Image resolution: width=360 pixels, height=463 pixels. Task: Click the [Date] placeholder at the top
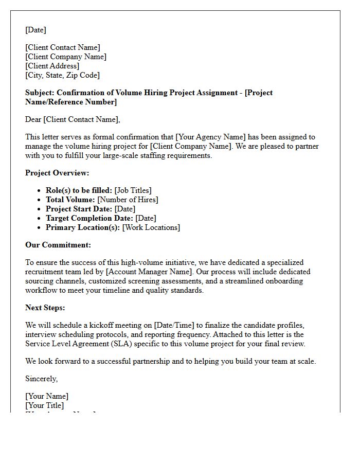click(x=35, y=30)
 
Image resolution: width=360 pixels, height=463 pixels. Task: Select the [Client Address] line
click(x=52, y=66)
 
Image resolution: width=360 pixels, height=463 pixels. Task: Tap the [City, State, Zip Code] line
click(x=62, y=75)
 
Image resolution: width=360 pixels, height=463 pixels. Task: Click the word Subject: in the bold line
click(x=40, y=93)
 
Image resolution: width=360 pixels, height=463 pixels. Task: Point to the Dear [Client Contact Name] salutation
click(x=73, y=119)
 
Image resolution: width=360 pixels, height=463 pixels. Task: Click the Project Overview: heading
click(x=57, y=173)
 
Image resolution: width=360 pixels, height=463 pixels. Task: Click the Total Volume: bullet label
click(x=70, y=200)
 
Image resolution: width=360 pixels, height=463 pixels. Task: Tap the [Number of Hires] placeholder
click(x=128, y=200)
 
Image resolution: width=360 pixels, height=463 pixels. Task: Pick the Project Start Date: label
click(x=79, y=209)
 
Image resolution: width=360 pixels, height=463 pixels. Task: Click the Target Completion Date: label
click(x=89, y=218)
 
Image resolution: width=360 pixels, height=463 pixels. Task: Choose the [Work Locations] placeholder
click(x=151, y=227)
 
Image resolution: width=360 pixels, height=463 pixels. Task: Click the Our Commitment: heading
click(x=58, y=245)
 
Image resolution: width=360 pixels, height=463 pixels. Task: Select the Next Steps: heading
click(x=45, y=308)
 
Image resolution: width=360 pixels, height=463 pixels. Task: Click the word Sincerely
click(x=42, y=379)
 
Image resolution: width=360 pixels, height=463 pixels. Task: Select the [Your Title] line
click(x=45, y=405)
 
